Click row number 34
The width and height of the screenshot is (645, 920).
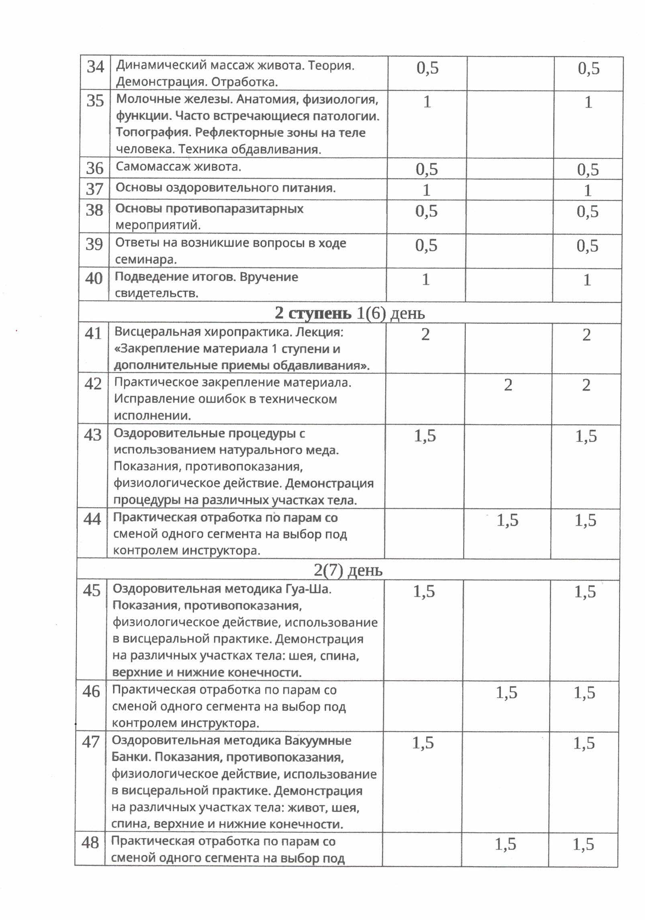pos(95,67)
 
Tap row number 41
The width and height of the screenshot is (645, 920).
pos(93,333)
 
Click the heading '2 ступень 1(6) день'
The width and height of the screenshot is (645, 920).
pos(349,313)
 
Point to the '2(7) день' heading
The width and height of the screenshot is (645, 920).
pos(348,570)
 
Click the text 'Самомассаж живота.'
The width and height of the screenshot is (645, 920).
pos(178,167)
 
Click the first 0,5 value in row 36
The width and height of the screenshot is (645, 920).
pos(427,169)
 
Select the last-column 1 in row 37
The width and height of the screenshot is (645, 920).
pos(588,190)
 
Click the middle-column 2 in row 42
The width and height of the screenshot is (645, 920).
pos(508,385)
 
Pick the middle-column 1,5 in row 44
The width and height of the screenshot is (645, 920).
pos(507,520)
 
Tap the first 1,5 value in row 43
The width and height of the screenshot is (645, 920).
pos(425,436)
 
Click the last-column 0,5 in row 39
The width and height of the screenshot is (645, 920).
pos(587,246)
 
